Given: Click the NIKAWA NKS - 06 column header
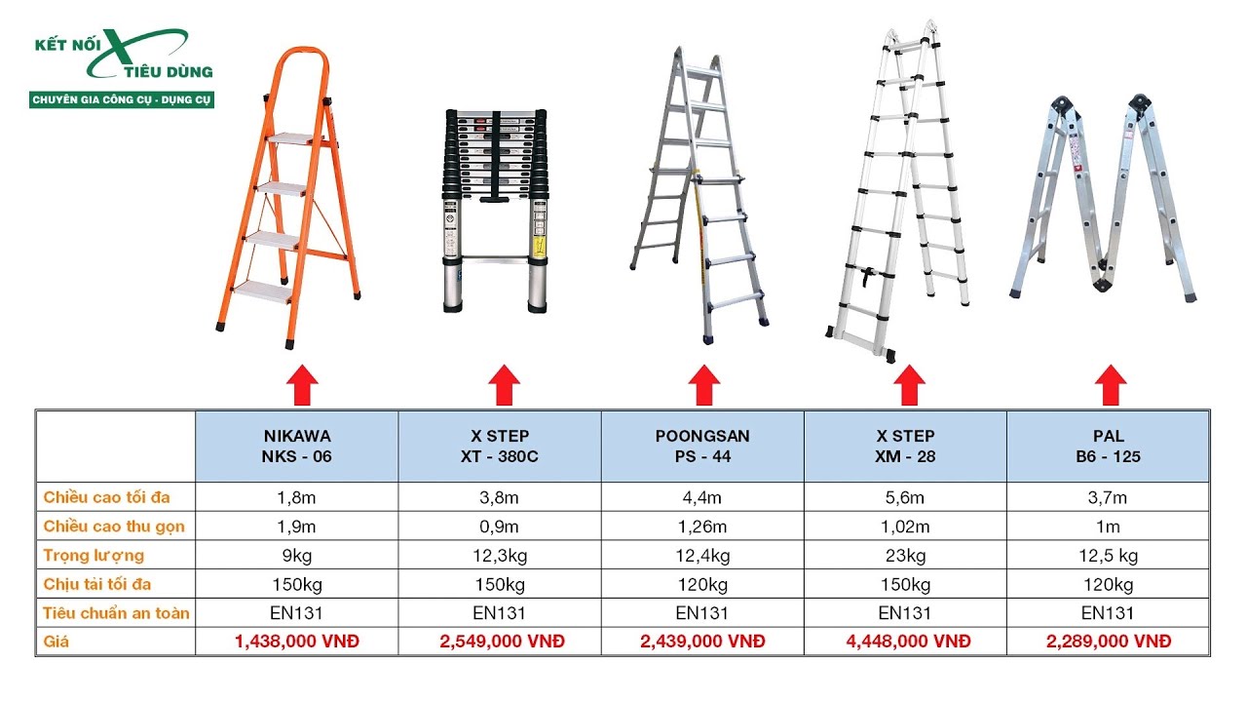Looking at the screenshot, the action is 297,447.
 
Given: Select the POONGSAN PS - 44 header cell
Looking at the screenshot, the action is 702,447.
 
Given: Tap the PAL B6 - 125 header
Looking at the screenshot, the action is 1108,447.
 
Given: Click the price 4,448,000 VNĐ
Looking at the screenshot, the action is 908,642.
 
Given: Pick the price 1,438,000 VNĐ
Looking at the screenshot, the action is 297,642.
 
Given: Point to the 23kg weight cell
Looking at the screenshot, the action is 905,556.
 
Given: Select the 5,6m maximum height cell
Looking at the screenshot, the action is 905,497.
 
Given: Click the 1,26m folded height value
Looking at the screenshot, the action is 702,526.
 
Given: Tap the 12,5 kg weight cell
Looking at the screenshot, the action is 1108,556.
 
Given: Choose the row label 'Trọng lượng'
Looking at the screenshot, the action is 94,556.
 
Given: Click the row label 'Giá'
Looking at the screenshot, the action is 57,642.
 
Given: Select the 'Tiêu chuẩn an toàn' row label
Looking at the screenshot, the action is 116,613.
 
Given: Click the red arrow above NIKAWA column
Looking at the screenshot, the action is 302,385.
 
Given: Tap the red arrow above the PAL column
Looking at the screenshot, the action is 1111,385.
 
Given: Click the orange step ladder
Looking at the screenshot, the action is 288,198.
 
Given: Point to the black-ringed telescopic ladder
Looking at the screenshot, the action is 495,211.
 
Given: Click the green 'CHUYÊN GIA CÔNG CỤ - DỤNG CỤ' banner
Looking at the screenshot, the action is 122,99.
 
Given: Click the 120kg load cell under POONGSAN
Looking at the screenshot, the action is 702,584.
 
